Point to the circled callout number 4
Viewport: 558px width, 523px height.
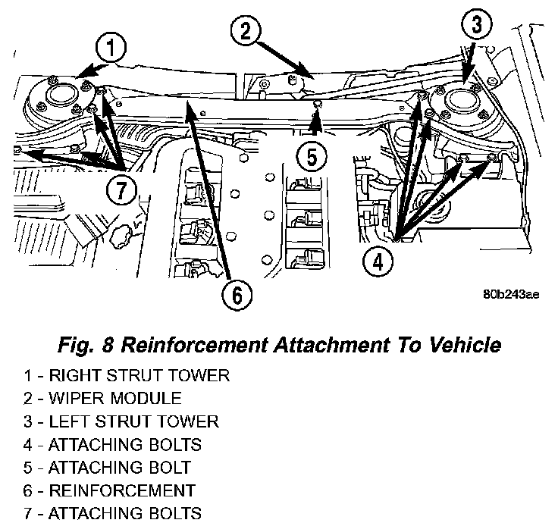pos(377,261)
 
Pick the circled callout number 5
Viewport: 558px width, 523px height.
pos(312,157)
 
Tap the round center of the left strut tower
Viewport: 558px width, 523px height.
pos(457,101)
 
